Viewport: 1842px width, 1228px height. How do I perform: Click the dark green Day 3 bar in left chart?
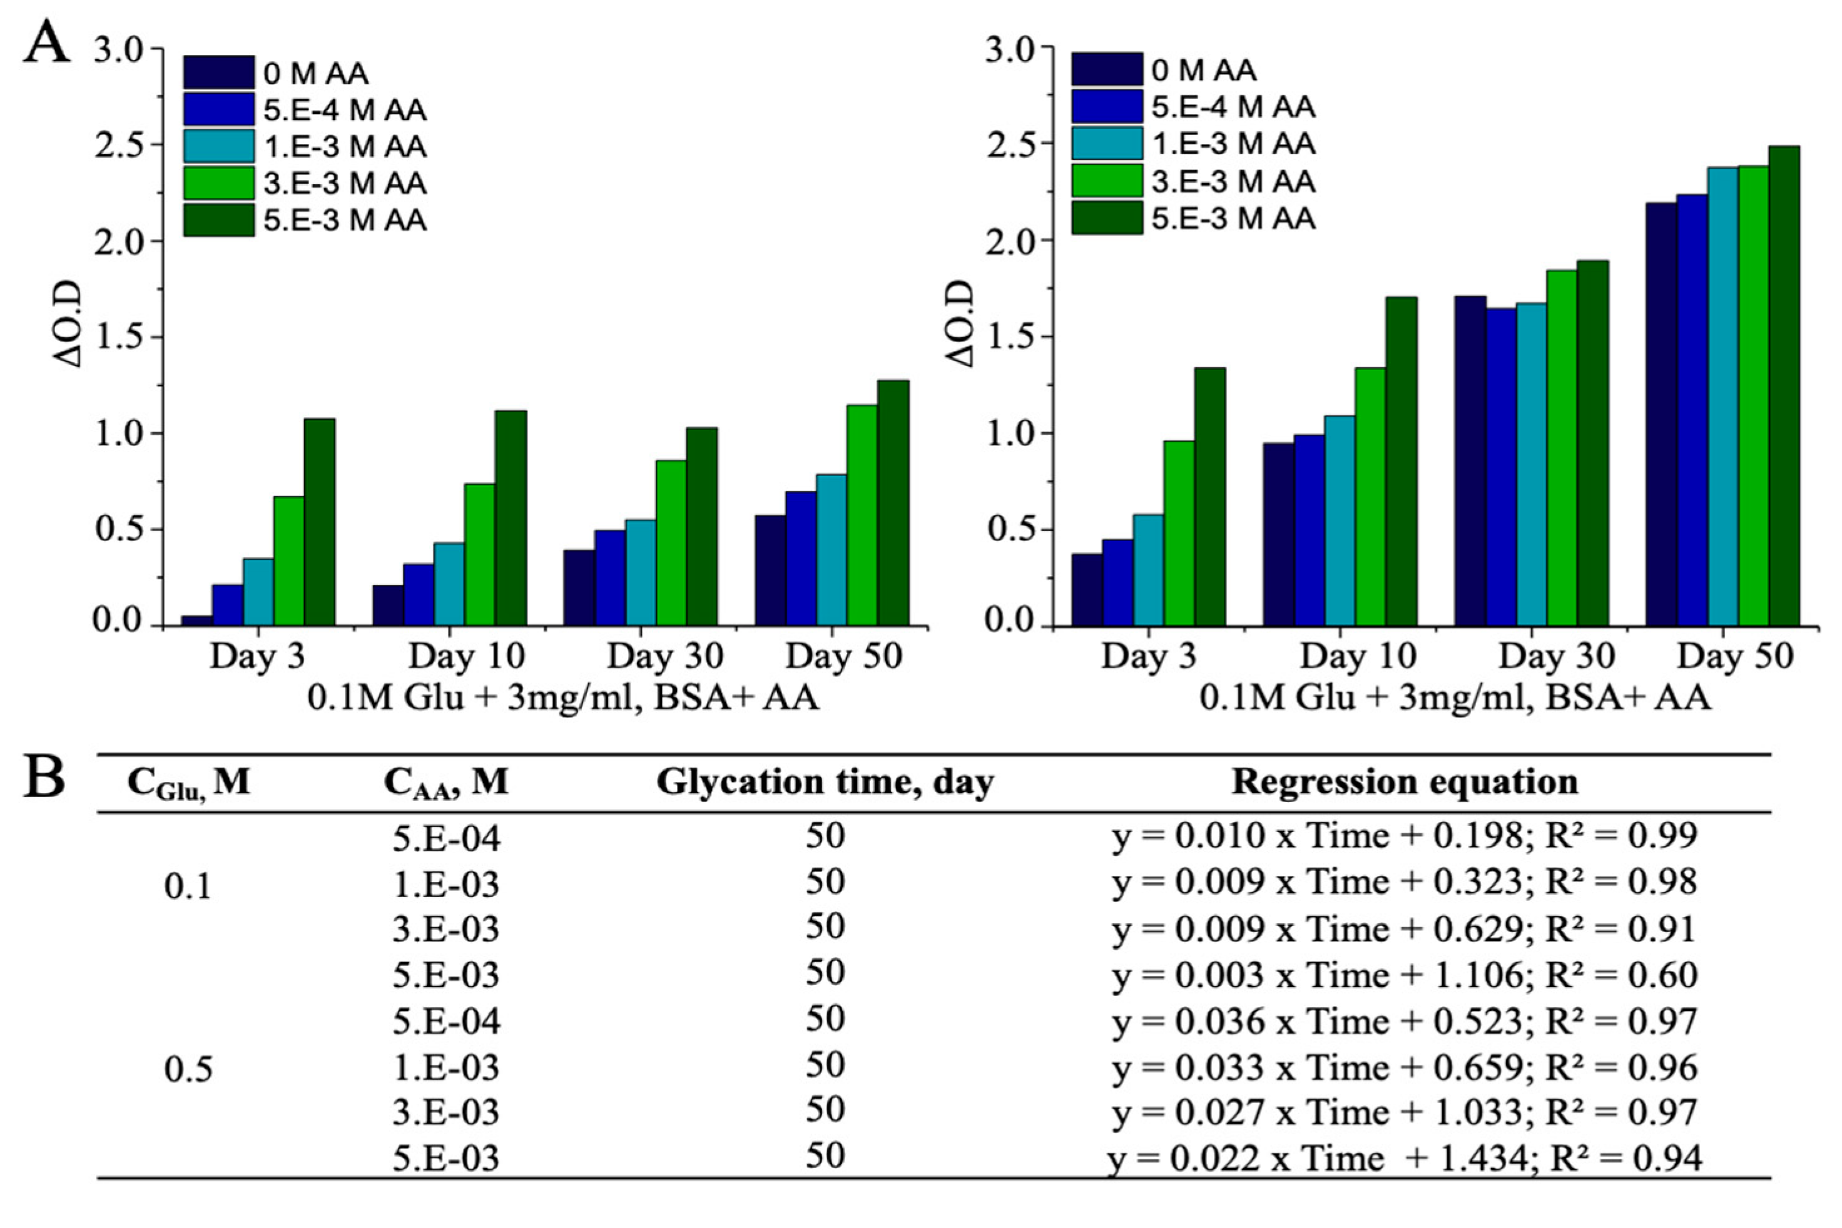[x=320, y=522]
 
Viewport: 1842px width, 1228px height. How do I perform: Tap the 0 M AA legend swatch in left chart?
[x=218, y=73]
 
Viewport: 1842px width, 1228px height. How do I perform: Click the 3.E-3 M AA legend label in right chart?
[x=1233, y=181]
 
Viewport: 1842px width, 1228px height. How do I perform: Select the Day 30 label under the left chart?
[x=665, y=656]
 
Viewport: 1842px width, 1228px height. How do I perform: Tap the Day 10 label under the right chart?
[x=1358, y=656]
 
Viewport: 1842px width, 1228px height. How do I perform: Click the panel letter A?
[x=47, y=44]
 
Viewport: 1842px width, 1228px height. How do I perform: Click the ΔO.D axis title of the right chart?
[x=962, y=323]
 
